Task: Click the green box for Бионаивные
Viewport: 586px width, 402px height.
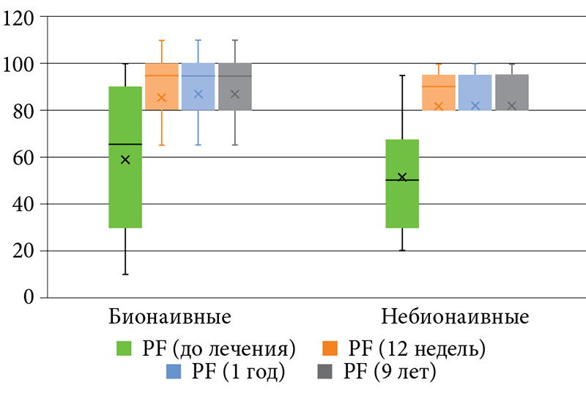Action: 125,183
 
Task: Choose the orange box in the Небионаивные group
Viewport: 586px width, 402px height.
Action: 439,92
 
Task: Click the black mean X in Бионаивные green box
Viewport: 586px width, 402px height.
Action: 125,160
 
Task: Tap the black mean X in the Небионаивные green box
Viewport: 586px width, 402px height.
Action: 402,177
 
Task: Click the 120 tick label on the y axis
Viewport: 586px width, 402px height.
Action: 20,18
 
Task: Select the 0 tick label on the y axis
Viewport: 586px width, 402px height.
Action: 29,297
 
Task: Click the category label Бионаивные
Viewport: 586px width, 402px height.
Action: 170,318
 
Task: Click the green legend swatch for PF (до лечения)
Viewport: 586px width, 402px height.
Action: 125,347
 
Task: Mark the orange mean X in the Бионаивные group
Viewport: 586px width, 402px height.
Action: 162,98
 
